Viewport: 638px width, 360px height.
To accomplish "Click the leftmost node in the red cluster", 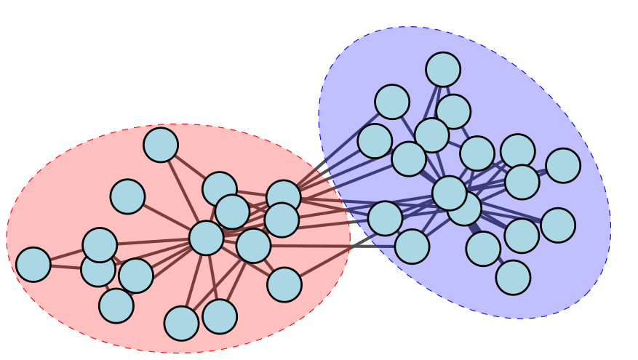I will [x=33, y=265].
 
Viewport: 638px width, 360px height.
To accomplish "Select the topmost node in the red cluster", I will [x=161, y=145].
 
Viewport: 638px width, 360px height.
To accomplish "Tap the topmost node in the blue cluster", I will [x=443, y=70].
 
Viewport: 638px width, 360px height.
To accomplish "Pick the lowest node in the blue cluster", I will [x=513, y=277].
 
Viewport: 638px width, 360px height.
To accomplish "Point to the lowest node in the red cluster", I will [x=181, y=323].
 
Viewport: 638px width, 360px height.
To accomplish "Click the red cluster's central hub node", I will [x=206, y=238].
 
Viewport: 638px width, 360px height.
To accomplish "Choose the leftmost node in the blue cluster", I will [x=375, y=141].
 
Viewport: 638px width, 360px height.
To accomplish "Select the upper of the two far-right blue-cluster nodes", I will [x=563, y=166].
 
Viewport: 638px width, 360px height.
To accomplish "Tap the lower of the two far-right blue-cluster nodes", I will [x=558, y=225].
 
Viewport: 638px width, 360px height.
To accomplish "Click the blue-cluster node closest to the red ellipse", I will [x=385, y=218].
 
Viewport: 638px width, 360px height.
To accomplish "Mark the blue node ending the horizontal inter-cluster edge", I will [x=412, y=247].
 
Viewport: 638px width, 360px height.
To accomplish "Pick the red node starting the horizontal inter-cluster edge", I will [x=254, y=246].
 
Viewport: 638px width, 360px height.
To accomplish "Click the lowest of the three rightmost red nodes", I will [x=284, y=284].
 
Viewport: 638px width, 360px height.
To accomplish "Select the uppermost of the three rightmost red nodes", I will [x=284, y=197].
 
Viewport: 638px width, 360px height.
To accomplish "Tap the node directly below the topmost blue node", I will [x=453, y=111].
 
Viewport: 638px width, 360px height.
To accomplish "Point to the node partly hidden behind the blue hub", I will [x=465, y=209].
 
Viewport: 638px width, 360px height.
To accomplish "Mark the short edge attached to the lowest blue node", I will [x=499, y=263].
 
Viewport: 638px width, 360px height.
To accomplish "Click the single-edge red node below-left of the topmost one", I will [x=127, y=196].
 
